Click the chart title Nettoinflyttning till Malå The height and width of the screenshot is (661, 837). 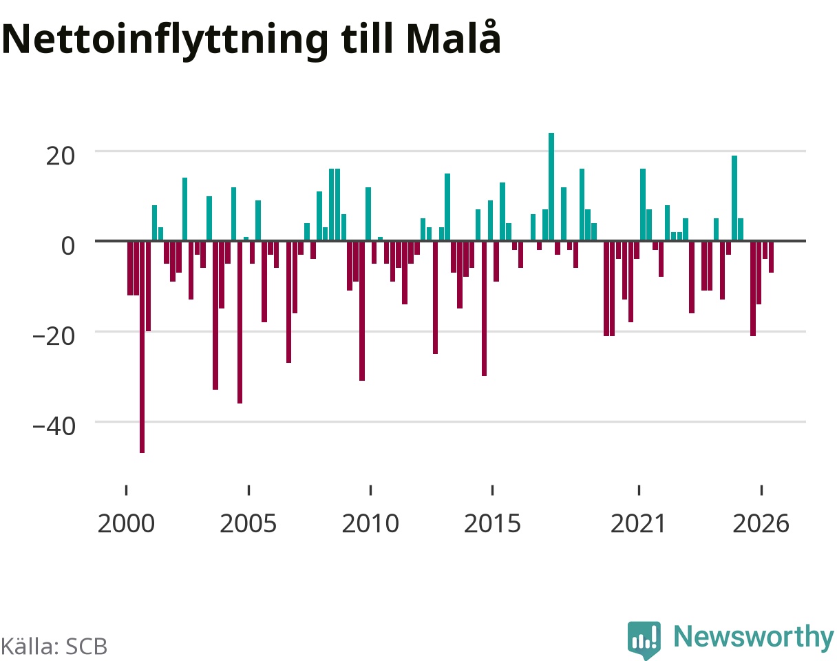tap(251, 40)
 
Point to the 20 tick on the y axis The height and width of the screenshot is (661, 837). tap(61, 156)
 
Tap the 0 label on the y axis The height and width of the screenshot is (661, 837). tap(68, 246)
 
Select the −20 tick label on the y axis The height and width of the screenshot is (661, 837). tap(54, 336)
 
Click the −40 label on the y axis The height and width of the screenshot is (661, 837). tap(54, 426)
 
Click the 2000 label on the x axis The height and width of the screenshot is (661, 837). tap(126, 524)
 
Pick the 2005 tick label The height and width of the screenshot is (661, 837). tap(248, 524)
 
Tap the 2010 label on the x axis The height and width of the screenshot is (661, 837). tap(370, 524)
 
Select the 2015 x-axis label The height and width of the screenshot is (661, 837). tap(492, 524)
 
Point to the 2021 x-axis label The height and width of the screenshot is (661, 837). tap(639, 524)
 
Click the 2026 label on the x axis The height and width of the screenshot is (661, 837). tap(761, 524)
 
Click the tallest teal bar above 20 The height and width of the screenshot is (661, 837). tap(551, 187)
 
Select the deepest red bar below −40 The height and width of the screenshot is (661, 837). tap(142, 347)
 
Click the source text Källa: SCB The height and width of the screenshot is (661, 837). tap(54, 647)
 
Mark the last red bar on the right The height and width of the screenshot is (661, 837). tap(771, 257)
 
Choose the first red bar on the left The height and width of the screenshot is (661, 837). tap(130, 268)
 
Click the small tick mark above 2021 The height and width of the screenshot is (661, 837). tap(639, 490)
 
